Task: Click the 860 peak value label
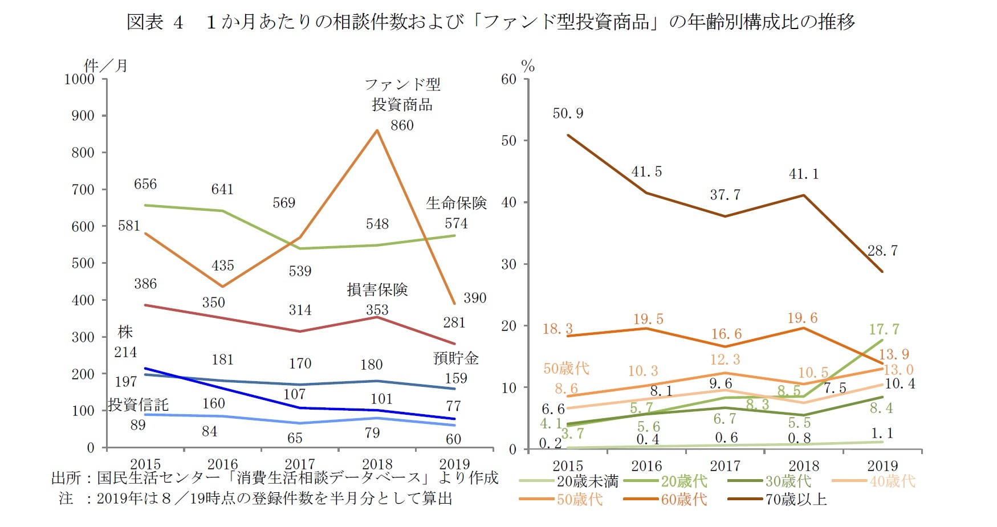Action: coord(402,125)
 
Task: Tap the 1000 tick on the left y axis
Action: coord(79,79)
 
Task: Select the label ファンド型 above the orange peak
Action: coord(402,85)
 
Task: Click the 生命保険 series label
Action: coord(456,203)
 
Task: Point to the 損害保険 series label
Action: coord(377,290)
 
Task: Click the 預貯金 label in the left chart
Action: coord(455,358)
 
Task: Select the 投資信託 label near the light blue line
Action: coord(139,405)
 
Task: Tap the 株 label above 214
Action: coord(125,332)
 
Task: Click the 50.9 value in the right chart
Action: coord(568,113)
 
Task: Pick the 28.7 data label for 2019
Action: coord(882,251)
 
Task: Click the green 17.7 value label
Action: coord(884,329)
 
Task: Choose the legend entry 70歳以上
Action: coord(795,500)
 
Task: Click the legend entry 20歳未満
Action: coord(587,481)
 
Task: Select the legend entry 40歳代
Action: coord(892,481)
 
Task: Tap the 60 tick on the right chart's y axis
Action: coord(508,79)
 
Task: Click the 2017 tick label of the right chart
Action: coord(725,466)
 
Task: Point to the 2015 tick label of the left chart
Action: coord(145,464)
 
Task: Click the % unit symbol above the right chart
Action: coord(528,67)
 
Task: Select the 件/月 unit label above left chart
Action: coord(106,66)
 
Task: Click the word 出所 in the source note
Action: coord(66,478)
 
